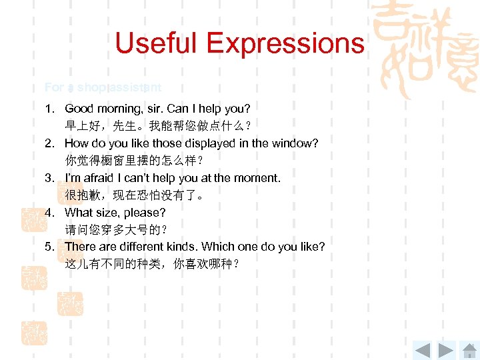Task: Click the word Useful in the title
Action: click(x=157, y=44)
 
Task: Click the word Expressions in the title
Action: click(x=285, y=44)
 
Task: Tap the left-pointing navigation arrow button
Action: click(x=422, y=349)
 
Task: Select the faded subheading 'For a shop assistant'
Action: click(x=103, y=87)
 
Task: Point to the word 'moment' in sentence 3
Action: click(x=257, y=178)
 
